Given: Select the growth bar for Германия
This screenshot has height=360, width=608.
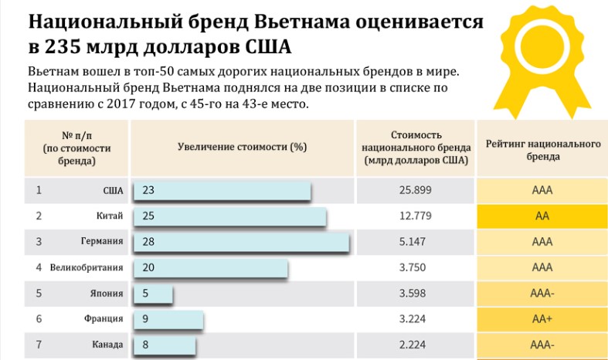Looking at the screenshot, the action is [x=241, y=242].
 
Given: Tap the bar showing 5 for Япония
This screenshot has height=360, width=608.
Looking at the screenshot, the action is [x=153, y=294].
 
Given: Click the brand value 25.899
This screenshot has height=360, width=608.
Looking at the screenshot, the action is [x=416, y=190].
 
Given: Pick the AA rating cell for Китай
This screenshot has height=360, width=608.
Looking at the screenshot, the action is [x=542, y=216].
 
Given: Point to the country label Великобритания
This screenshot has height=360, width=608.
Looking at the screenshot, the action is [x=87, y=267].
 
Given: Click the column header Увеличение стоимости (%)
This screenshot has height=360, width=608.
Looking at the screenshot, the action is [x=243, y=147].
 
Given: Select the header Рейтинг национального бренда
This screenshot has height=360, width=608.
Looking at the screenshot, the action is [x=543, y=150].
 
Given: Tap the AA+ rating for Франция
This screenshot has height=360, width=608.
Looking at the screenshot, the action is [x=542, y=319].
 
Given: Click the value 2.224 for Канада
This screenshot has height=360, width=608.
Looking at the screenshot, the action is [x=413, y=345].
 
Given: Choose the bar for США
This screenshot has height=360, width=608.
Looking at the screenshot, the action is [x=222, y=190].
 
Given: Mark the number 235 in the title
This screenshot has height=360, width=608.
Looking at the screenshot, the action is [x=62, y=47].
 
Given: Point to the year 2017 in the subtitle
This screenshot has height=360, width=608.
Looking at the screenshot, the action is [x=120, y=104].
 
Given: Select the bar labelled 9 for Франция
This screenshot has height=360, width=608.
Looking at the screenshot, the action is [x=168, y=319].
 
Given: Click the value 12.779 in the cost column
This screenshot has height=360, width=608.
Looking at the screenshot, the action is [x=416, y=216].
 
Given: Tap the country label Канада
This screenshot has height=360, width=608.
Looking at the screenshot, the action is [x=107, y=345].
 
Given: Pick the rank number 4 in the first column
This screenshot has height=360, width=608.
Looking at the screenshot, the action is [x=39, y=267].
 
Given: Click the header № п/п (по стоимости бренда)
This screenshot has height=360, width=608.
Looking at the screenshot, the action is [x=76, y=148].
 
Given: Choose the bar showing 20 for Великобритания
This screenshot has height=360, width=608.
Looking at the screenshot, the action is [x=211, y=267].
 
